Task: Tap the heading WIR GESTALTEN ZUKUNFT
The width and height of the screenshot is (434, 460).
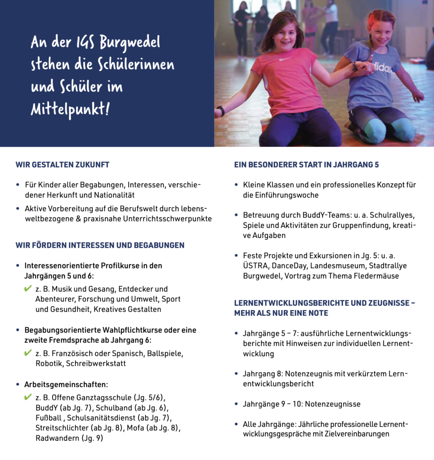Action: pyautogui.click(x=63, y=165)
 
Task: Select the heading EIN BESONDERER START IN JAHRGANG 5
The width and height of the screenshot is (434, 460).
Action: pyautogui.click(x=306, y=165)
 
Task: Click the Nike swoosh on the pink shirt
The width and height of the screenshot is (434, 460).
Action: pyautogui.click(x=286, y=59)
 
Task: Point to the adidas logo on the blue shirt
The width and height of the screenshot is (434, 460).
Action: pyautogui.click(x=382, y=68)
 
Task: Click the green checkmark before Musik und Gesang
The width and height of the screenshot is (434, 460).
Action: pyautogui.click(x=28, y=288)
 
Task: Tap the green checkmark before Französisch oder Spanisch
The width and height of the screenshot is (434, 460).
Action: pyautogui.click(x=28, y=353)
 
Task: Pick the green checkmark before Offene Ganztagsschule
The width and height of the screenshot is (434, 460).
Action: pyautogui.click(x=28, y=397)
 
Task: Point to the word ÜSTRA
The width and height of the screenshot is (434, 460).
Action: pyautogui.click(x=255, y=265)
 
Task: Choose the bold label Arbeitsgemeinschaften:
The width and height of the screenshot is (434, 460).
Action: pyautogui.click(x=66, y=385)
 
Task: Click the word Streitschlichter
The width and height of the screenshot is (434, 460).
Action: pyautogui.click(x=62, y=428)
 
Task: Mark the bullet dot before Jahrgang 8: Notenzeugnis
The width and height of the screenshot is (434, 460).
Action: pyautogui.click(x=237, y=374)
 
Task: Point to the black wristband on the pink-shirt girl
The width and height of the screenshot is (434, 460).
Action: pyautogui.click(x=221, y=111)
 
